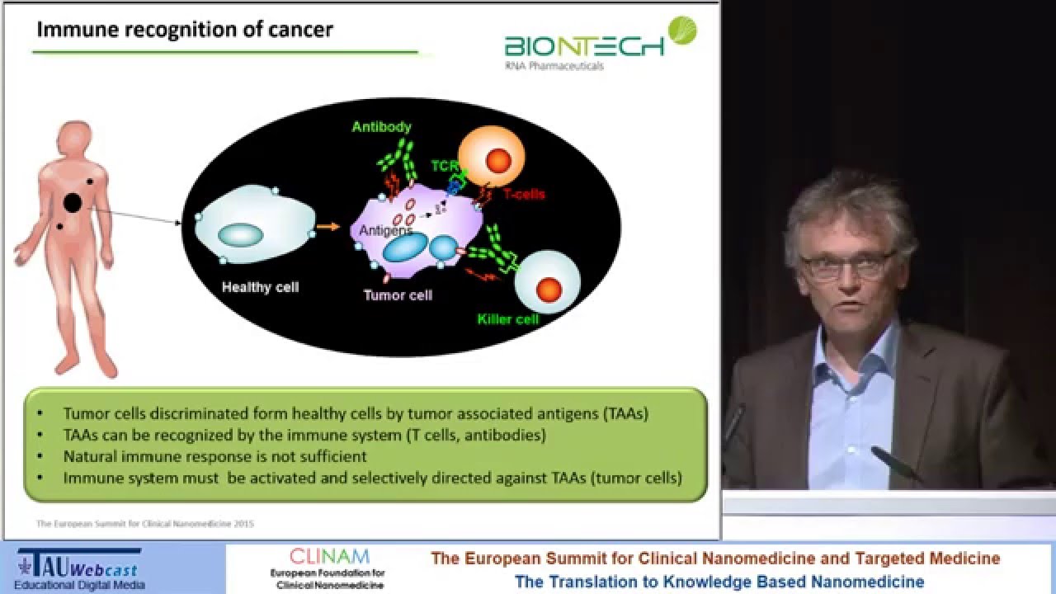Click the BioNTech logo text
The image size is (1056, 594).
(584, 45)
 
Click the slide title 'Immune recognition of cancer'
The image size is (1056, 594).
(185, 31)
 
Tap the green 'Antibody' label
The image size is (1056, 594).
(381, 127)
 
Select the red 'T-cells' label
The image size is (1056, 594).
(524, 195)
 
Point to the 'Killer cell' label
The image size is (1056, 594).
(507, 318)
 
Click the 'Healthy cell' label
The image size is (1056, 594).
(260, 288)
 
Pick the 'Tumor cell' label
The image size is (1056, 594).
(398, 295)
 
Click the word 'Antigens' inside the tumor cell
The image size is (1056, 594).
(385, 231)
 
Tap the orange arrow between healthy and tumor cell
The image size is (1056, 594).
(328, 226)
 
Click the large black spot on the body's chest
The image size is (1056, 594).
(73, 202)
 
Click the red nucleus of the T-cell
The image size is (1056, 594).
(498, 160)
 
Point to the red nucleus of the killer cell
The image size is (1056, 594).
(549, 289)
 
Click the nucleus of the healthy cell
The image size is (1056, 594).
(240, 234)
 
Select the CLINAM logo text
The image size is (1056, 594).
(329, 557)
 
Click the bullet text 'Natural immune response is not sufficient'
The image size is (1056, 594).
(214, 456)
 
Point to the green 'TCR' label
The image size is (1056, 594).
(444, 166)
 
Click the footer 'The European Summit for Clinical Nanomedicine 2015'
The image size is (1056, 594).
(145, 523)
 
